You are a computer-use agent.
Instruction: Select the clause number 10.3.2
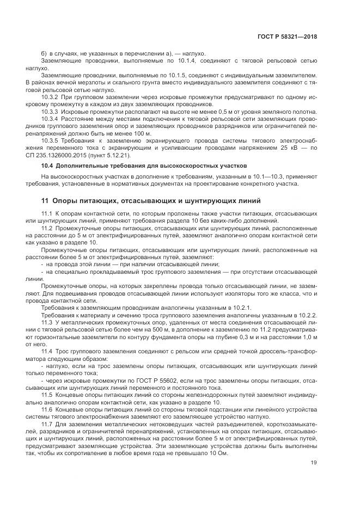50,96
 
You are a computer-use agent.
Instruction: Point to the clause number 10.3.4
50,119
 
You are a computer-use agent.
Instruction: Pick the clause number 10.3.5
50,140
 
